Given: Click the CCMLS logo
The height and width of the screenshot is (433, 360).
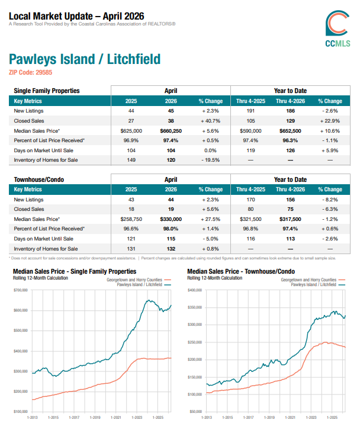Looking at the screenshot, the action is pyautogui.click(x=337, y=28).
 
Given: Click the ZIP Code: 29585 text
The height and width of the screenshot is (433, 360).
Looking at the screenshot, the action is pyautogui.click(x=30, y=72).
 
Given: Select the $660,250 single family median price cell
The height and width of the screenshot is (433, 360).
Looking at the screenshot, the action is pyautogui.click(x=171, y=131).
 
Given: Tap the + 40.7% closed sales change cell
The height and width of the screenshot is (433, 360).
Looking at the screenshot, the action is pyautogui.click(x=211, y=121).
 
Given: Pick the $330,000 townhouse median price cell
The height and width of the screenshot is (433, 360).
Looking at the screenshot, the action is pyautogui.click(x=171, y=219).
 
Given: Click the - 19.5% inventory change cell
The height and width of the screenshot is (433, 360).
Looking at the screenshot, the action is pyautogui.click(x=211, y=160).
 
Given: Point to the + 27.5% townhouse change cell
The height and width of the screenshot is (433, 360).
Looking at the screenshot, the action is pyautogui.click(x=211, y=219).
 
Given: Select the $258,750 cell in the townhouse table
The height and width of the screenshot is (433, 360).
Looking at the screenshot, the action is pyautogui.click(x=131, y=219).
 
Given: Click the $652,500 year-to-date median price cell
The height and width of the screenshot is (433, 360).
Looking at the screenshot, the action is pyautogui.click(x=291, y=131).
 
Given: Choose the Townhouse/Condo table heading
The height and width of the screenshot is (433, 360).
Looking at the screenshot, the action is pyautogui.click(x=39, y=179).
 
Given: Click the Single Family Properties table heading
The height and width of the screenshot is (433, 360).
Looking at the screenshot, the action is pyautogui.click(x=47, y=91).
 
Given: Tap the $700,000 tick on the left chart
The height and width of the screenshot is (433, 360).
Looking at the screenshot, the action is pyautogui.click(x=21, y=290).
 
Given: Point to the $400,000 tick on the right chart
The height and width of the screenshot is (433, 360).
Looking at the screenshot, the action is pyautogui.click(x=195, y=290).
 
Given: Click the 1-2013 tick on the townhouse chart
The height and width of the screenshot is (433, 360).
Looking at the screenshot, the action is pyautogui.click(x=207, y=418).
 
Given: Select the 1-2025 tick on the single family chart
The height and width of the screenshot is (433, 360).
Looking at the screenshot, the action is pyautogui.click(x=158, y=418).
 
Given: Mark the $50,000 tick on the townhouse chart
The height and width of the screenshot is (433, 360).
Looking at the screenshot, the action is pyautogui.click(x=196, y=412).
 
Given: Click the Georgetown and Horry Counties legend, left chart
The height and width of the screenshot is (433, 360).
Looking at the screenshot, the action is pyautogui.click(x=134, y=280).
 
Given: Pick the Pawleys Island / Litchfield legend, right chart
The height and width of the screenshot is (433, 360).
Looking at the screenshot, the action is pyautogui.click(x=314, y=284).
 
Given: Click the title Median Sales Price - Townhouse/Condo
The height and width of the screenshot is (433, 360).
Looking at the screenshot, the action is pyautogui.click(x=241, y=271).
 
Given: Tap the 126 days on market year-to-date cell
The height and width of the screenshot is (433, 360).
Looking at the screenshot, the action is pyautogui.click(x=291, y=150).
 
